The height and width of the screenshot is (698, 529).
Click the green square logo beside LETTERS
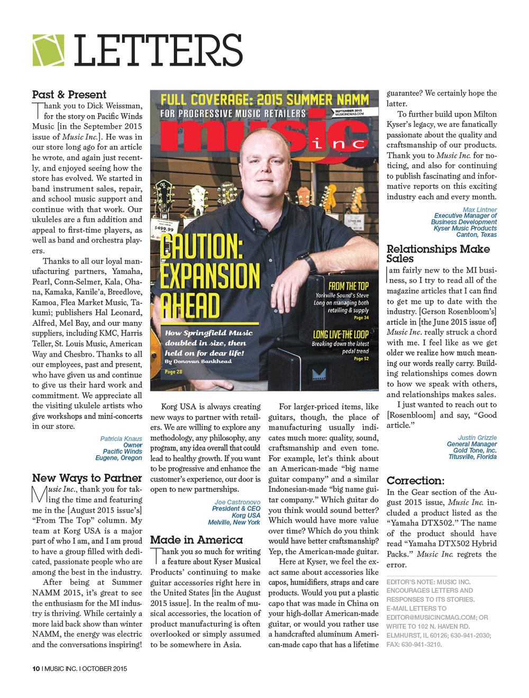click(48, 50)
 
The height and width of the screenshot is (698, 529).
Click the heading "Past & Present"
click(69, 95)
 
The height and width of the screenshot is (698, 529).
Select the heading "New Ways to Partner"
click(87, 478)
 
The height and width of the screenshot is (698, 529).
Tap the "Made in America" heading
click(196, 540)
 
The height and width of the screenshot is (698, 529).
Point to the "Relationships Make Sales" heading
click(438, 253)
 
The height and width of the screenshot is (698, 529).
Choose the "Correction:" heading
click(415, 481)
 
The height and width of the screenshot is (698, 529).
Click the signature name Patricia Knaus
click(121, 439)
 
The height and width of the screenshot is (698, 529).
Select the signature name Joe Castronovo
click(237, 502)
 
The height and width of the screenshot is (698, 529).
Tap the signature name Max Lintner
click(479, 210)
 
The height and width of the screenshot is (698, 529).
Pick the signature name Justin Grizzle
click(477, 438)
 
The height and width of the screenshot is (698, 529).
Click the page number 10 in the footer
click(36, 668)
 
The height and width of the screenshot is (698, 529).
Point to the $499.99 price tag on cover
click(164, 229)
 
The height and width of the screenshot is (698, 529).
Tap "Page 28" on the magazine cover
click(174, 371)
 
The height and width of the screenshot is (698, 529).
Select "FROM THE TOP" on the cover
click(348, 286)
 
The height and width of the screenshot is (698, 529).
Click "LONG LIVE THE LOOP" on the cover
click(341, 334)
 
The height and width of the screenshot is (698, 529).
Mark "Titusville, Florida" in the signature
click(472, 457)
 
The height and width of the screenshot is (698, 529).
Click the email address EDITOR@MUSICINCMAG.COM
click(431, 617)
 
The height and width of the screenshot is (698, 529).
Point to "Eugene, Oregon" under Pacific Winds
click(118, 458)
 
